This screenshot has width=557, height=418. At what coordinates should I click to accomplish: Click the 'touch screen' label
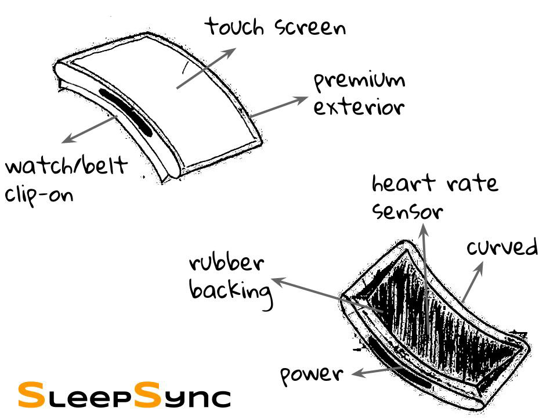click(x=276, y=27)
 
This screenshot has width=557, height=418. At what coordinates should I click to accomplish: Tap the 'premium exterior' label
click(x=359, y=94)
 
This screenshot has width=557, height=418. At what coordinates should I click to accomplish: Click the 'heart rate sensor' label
click(x=434, y=197)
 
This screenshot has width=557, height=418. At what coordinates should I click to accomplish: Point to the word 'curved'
click(x=502, y=248)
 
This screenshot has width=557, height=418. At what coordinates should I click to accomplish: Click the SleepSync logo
click(x=124, y=395)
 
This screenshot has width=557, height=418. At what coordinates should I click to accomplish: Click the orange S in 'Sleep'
click(x=30, y=394)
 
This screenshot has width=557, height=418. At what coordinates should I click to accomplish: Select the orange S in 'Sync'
click(x=149, y=394)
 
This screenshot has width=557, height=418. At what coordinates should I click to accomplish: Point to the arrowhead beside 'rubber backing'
click(x=277, y=281)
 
